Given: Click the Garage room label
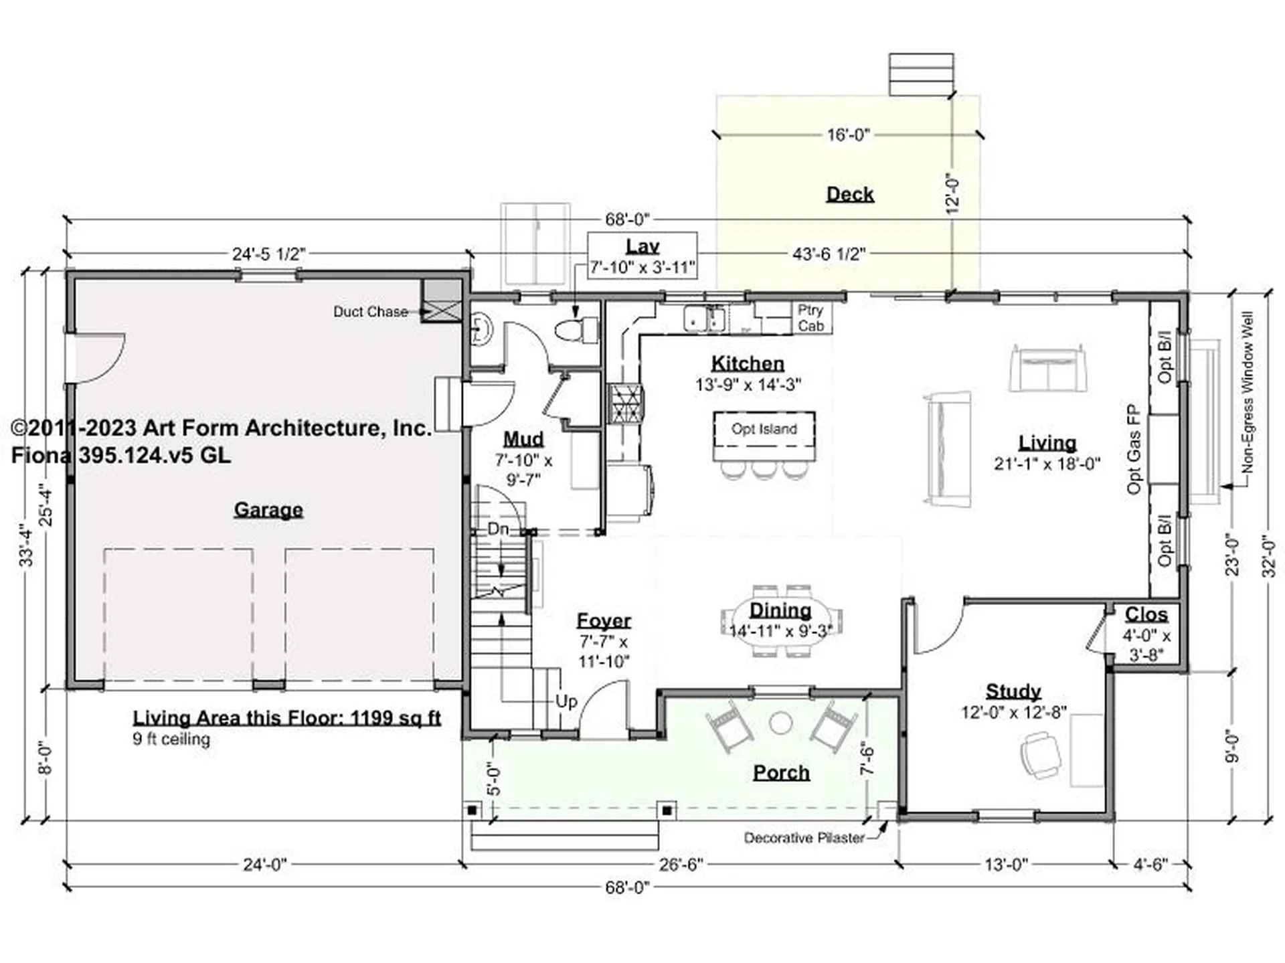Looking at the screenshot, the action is click(x=268, y=510).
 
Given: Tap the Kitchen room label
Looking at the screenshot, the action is click(x=748, y=363).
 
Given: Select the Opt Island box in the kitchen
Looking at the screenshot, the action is click(x=764, y=436).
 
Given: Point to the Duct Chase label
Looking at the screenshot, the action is click(x=371, y=312).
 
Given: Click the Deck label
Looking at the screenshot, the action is click(x=850, y=194).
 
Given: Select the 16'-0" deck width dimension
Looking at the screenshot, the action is click(x=849, y=135).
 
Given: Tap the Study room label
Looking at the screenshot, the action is click(x=1013, y=691).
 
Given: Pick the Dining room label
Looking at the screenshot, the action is click(x=780, y=610).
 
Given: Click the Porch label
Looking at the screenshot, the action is click(x=782, y=772).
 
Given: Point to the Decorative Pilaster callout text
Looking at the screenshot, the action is click(x=804, y=838).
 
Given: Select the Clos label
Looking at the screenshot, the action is click(x=1146, y=614).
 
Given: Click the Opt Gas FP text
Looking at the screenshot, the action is click(x=1133, y=448).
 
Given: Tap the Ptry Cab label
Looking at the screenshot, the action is click(x=810, y=318).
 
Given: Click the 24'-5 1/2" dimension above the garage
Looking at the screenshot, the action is click(x=269, y=254).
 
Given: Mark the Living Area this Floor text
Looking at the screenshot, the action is click(x=286, y=718).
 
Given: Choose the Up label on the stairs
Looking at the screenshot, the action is click(x=566, y=701).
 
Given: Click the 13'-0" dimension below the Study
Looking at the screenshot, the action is click(x=1006, y=865).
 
